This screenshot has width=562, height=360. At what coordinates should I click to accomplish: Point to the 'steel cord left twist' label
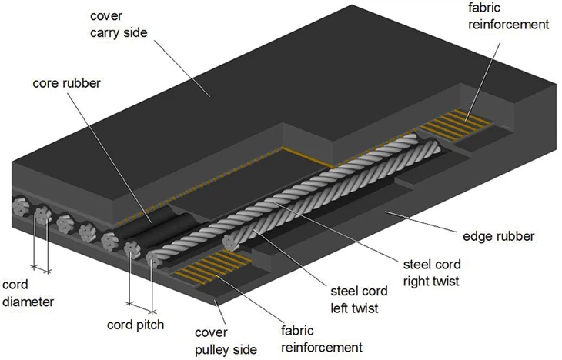(359, 299)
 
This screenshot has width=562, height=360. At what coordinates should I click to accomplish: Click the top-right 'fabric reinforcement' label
(509, 16)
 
